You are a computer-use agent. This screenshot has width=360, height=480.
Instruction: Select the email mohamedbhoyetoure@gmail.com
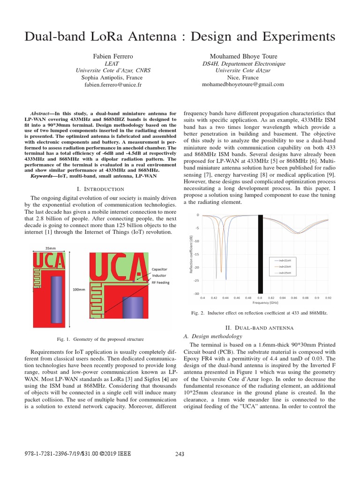click(x=243, y=84)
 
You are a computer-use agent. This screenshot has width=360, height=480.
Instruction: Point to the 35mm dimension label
click(x=51, y=248)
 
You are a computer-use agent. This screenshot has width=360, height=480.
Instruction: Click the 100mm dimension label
click(x=79, y=290)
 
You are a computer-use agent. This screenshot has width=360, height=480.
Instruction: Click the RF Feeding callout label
click(x=161, y=283)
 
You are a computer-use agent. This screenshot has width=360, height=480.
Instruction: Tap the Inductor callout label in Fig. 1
click(x=159, y=277)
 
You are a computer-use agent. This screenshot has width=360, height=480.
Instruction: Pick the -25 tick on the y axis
click(x=196, y=280)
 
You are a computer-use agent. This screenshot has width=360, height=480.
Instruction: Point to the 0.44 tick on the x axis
click(x=225, y=298)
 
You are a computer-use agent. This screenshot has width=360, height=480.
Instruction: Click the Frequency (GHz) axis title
click(x=265, y=303)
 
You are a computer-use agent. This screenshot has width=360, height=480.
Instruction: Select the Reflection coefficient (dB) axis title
click(x=191, y=254)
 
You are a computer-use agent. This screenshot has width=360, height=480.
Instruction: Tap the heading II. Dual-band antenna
click(x=265, y=327)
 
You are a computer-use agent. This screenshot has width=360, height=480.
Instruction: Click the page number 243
click(x=180, y=453)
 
